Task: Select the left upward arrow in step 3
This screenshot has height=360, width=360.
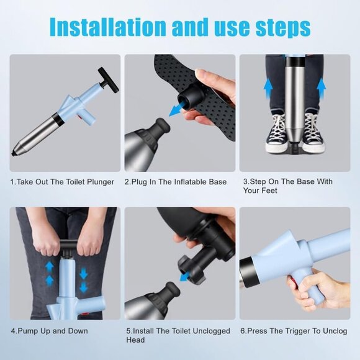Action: pos(268,88)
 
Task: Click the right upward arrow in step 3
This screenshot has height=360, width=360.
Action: pos(321,88)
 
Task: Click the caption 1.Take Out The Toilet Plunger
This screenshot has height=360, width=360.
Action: pos(62,182)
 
